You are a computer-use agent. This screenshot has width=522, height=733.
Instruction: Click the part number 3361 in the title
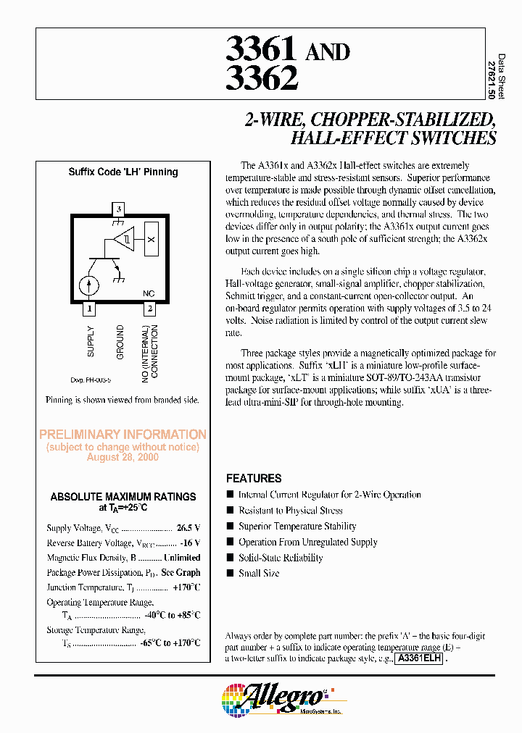261,49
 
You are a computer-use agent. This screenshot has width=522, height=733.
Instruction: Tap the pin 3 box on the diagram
119,209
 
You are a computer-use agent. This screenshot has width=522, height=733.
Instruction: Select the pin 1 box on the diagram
89,309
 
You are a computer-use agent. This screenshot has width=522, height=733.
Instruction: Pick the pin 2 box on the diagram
149,309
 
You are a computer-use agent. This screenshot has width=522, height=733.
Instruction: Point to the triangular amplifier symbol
125,239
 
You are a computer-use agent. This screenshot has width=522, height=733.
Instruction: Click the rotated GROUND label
120,342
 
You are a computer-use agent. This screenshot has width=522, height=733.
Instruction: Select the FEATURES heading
254,479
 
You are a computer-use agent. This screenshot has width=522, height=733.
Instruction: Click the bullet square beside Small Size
231,574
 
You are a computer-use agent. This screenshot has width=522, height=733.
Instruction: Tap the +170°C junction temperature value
186,587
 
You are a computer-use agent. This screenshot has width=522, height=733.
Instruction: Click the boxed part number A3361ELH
419,659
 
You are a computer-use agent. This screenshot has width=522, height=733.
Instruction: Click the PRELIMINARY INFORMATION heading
123,435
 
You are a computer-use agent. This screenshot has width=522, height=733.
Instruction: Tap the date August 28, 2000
123,458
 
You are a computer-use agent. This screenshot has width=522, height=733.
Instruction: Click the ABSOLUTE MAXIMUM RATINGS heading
123,497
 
